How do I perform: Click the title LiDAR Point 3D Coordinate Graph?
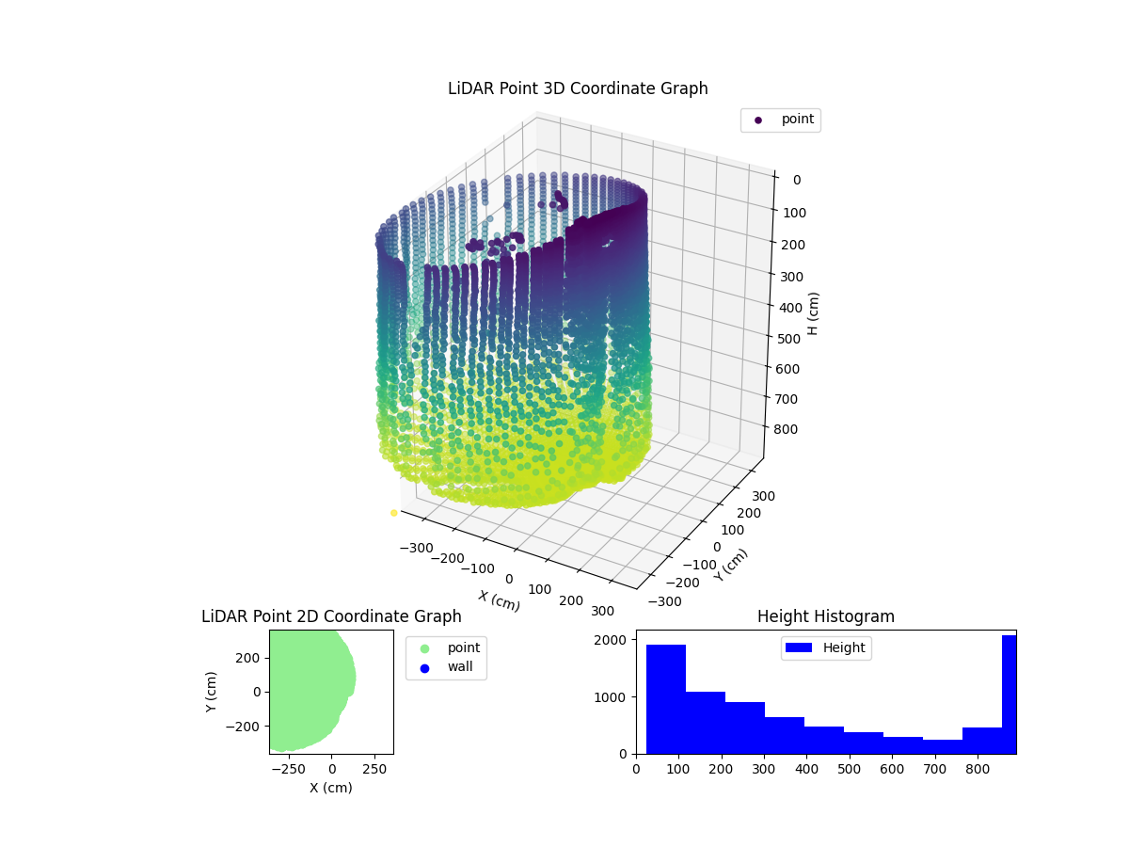pos(578,88)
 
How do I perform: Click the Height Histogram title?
pos(825,616)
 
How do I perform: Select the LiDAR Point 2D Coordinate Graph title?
pos(331,616)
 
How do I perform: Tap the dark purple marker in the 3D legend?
pos(758,120)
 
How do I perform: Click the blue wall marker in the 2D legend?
pos(424,667)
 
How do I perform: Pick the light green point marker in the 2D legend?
pos(424,647)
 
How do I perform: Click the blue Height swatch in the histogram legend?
pos(800,647)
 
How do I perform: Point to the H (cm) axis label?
pos(814,313)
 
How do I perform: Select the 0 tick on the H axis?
pos(796,181)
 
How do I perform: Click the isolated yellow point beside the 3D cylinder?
pos(393,513)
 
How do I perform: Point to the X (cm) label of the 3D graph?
pos(499,600)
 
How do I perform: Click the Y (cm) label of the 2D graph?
pos(212,692)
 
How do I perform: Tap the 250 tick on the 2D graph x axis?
pos(375,768)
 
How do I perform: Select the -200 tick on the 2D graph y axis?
pos(246,727)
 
